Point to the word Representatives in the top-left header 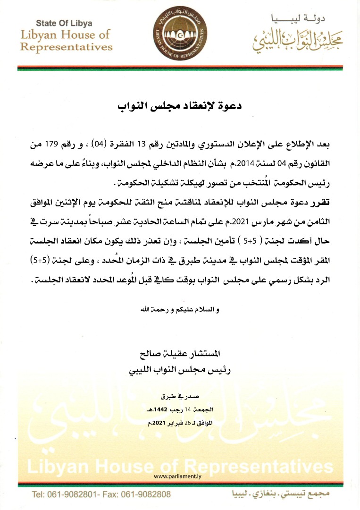tap(67, 47)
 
